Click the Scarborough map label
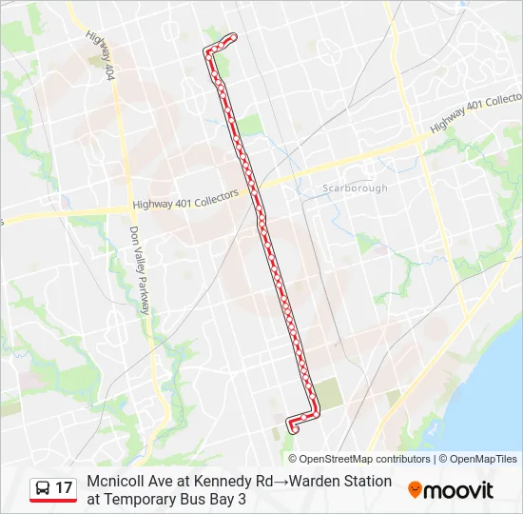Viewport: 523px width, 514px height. (355, 188)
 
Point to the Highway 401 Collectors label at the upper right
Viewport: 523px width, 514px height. (476, 112)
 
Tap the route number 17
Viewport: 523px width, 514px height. (64, 488)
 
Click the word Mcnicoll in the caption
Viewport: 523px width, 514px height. (116, 481)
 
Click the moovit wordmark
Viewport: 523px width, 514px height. (458, 490)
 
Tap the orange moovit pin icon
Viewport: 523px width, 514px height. (415, 490)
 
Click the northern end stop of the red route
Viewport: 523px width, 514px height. (232, 38)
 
